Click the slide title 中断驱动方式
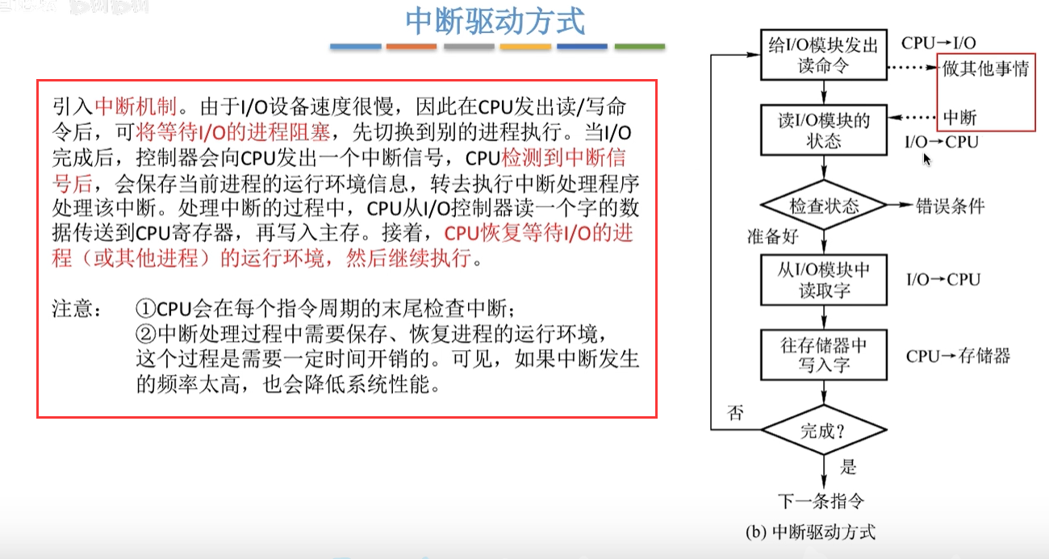(495, 22)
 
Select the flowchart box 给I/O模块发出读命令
(822, 55)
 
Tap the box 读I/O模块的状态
(822, 130)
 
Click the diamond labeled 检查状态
(823, 206)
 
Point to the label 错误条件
(951, 206)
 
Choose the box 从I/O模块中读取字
(822, 279)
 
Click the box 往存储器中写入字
(822, 355)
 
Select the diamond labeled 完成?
(822, 431)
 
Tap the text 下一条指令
(821, 501)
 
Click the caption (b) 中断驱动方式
(812, 532)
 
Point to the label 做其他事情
(985, 69)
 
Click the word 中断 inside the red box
(959, 118)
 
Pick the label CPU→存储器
(958, 356)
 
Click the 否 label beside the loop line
(735, 414)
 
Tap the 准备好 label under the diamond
(773, 236)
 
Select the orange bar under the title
(412, 47)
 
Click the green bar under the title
(639, 47)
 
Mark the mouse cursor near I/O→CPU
(926, 159)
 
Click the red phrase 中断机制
(129, 106)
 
